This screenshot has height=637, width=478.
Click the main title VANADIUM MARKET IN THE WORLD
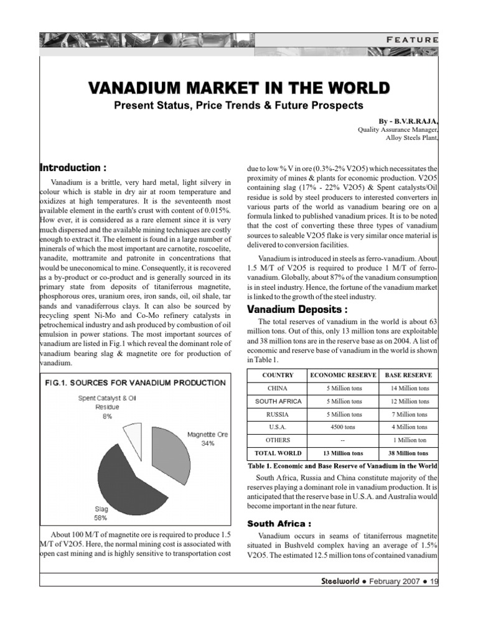[x=239, y=86]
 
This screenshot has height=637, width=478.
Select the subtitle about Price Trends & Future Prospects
[x=239, y=105]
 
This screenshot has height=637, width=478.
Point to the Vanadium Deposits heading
[x=298, y=309]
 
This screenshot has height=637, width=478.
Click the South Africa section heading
[x=279, y=523]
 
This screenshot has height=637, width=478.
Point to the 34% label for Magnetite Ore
[x=207, y=444]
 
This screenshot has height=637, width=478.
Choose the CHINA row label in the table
[x=278, y=389]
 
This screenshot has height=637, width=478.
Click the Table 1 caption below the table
[x=342, y=466]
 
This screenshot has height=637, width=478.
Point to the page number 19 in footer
[x=434, y=582]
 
